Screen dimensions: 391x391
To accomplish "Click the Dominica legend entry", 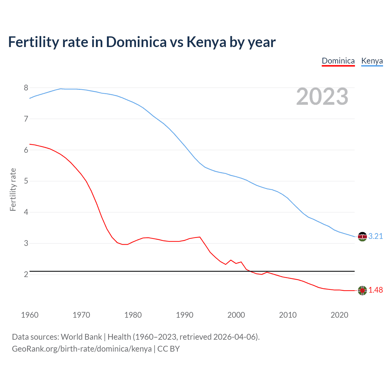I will tap(338, 61).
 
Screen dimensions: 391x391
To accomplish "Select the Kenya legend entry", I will tap(372, 61).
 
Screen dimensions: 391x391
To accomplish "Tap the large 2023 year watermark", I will tap(322, 97).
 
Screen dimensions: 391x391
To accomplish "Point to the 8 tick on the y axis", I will tap(26, 88).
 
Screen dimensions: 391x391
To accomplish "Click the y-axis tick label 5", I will tap(26, 181).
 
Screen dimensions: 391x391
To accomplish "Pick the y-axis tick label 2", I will tap(26, 274).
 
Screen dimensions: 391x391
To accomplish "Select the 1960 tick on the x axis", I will tap(30, 315).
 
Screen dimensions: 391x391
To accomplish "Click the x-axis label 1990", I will tap(185, 315).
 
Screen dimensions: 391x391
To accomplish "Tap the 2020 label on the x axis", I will tap(339, 315).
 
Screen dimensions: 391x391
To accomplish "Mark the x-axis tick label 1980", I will tap(133, 315).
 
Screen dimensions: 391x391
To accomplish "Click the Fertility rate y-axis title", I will tap(13, 189).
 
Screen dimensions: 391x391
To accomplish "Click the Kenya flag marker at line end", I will tap(362, 236).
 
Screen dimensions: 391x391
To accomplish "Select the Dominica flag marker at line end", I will tap(362, 291).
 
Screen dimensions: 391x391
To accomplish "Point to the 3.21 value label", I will tap(375, 236).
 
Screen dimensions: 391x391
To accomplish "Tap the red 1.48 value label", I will tap(375, 290).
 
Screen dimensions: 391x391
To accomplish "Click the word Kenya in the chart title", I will tap(206, 42).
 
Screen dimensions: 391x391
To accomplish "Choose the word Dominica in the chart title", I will tap(136, 42).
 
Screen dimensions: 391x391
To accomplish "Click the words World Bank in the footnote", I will tap(81, 337).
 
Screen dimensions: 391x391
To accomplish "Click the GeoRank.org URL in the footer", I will tap(82, 349).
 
